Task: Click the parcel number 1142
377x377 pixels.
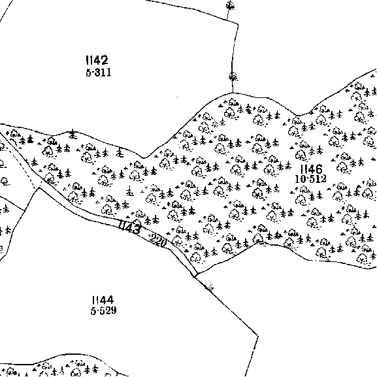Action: point(97,60)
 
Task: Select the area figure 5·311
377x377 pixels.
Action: point(99,72)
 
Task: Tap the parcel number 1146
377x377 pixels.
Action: point(312,169)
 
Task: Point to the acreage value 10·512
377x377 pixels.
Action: point(310,179)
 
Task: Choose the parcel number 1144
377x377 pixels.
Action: point(103,300)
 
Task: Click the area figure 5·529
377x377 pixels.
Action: point(104,310)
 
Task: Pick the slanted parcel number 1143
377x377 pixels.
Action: point(129,227)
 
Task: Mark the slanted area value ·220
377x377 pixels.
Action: point(157,240)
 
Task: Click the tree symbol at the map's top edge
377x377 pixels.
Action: point(231,5)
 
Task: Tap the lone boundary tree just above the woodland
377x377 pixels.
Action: point(233,77)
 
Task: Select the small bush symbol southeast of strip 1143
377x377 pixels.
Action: point(209,286)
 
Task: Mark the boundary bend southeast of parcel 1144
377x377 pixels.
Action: point(258,336)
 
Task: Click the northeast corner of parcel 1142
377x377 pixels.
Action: point(238,24)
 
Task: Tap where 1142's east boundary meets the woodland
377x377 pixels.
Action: point(233,93)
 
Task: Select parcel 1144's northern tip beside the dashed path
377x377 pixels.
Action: point(39,188)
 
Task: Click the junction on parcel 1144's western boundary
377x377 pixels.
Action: point(25,211)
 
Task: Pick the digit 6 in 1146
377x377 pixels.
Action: point(319,169)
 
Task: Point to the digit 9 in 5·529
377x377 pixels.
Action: point(114,310)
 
